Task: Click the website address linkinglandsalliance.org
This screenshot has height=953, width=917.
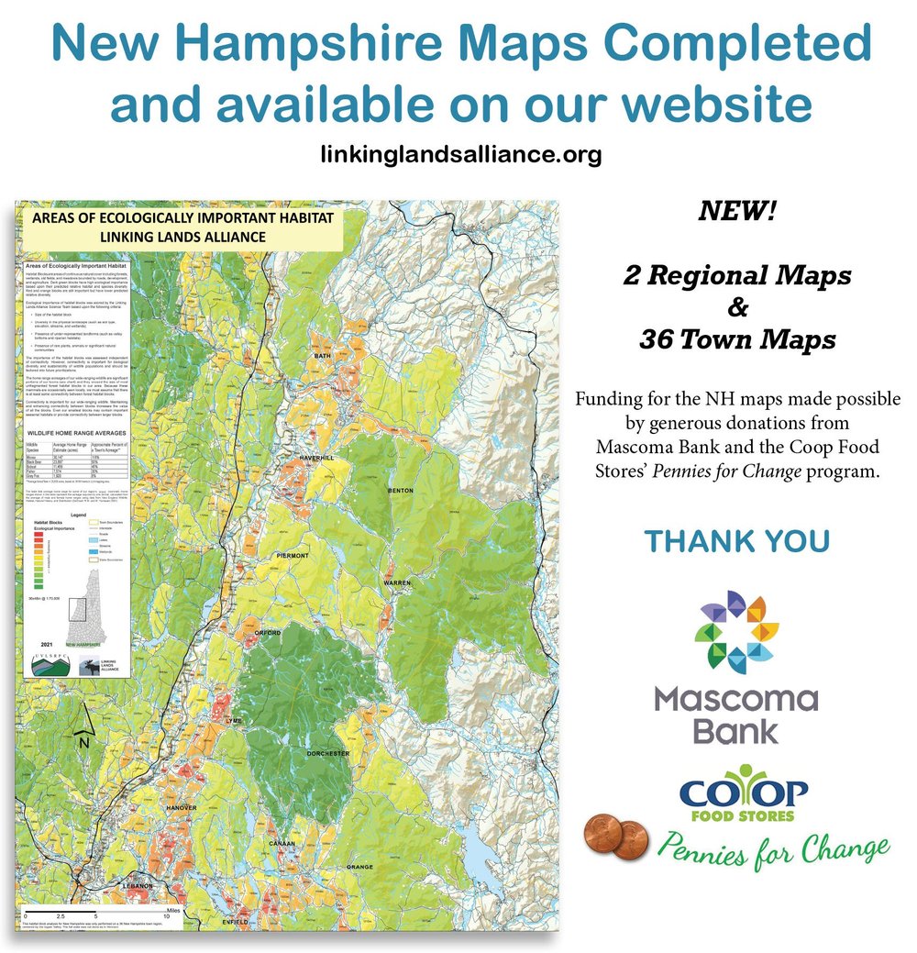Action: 461,153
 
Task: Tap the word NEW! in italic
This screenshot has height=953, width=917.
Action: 737,212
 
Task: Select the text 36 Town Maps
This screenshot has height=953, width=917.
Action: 737,339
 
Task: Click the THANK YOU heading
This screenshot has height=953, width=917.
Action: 737,541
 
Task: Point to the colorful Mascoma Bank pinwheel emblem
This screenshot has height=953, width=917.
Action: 736,632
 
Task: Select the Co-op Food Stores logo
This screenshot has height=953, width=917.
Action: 744,796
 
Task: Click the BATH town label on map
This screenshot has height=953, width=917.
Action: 321,355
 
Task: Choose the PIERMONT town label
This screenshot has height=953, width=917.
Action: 293,557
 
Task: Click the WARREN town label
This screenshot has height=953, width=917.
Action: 397,583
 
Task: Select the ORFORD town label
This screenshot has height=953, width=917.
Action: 267,632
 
